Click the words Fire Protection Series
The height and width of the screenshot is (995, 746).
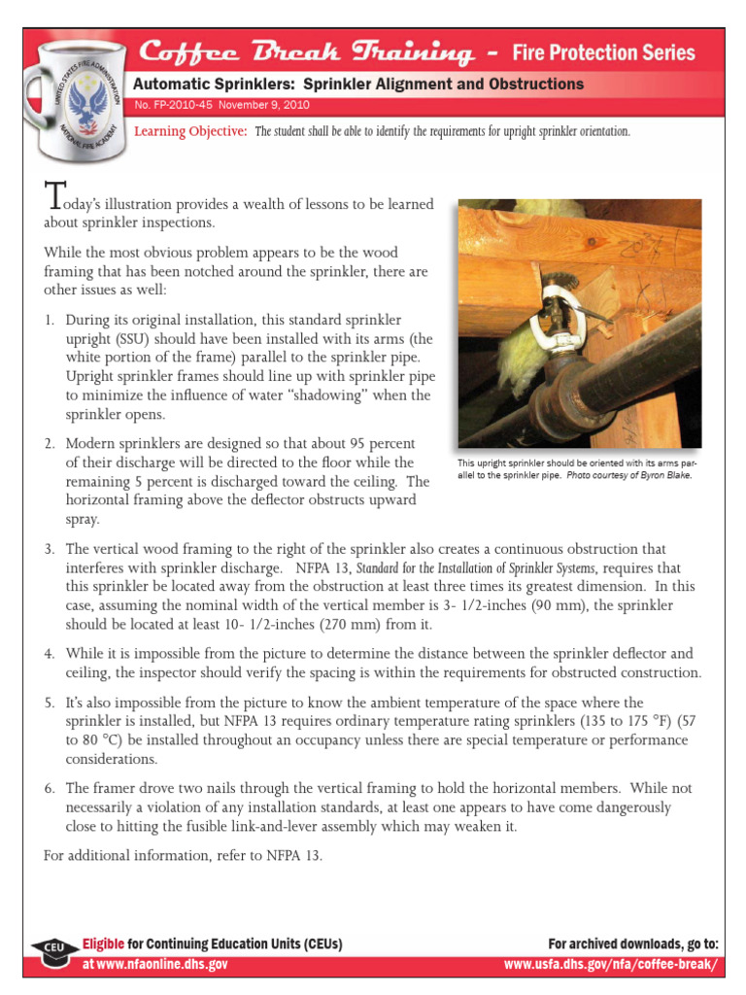tap(603, 52)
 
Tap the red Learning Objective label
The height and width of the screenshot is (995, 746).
tap(189, 131)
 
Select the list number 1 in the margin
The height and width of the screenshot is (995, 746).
tap(50, 320)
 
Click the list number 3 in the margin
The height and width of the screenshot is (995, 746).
tap(50, 550)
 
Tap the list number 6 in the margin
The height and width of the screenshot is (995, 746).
tap(50, 789)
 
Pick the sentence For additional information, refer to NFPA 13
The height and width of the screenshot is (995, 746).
tap(183, 856)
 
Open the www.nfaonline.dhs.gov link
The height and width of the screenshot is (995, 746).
tap(155, 964)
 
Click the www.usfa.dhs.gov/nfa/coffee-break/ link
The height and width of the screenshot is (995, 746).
tap(611, 964)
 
